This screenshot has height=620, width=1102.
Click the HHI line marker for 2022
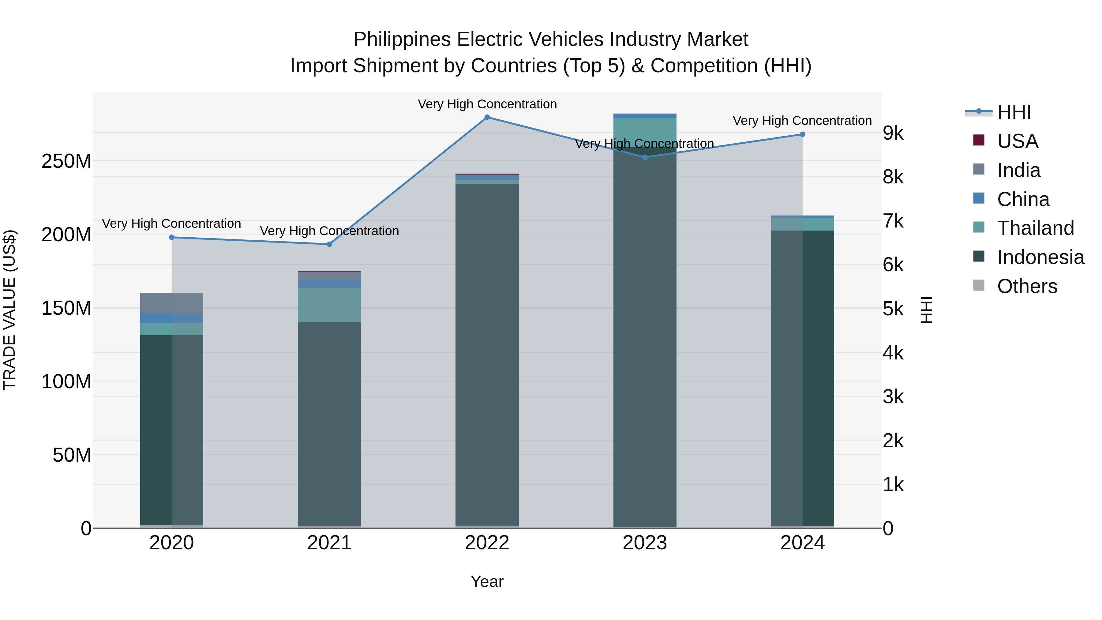[487, 117]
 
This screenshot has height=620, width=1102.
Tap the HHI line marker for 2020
[171, 238]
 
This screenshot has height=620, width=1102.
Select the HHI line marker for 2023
[645, 157]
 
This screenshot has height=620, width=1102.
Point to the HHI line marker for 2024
[803, 134]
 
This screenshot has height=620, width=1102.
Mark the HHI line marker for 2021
[329, 244]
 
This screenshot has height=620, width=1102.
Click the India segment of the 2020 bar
[171, 303]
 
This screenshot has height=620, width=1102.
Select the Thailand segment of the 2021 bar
[329, 305]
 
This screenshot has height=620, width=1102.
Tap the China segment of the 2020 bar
[171, 318]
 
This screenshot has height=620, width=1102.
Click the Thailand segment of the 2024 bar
[803, 224]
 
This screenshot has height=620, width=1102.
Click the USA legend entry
[1017, 141]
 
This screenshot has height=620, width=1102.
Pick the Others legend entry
[1027, 286]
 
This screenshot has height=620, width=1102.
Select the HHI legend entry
[1014, 112]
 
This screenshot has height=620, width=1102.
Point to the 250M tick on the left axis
[66, 161]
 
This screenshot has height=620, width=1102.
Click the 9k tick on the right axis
[893, 133]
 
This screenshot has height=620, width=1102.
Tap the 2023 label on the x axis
[645, 543]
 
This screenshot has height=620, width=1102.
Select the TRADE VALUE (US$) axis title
[9, 310]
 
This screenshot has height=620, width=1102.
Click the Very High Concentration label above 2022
[487, 104]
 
